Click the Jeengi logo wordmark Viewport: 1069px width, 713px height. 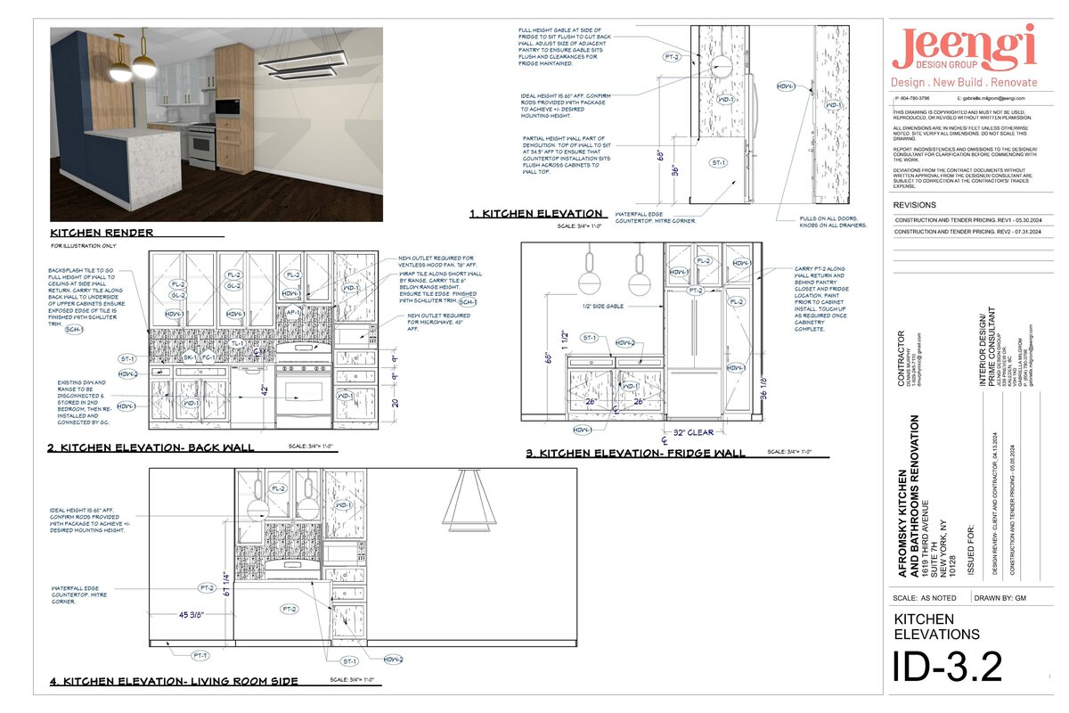[965, 48]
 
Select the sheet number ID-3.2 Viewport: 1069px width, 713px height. [947, 667]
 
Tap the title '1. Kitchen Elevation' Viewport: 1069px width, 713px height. [537, 214]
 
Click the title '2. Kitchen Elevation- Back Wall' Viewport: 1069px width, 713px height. [151, 447]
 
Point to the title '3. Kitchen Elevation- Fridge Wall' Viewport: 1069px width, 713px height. [635, 454]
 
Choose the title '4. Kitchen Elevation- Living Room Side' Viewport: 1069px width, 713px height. [174, 682]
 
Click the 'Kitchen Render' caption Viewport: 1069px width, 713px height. [102, 233]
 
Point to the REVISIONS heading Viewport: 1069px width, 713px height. [915, 205]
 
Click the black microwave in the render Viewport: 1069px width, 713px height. [226, 107]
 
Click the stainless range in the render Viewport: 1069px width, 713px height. [201, 147]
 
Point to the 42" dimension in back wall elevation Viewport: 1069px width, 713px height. [265, 389]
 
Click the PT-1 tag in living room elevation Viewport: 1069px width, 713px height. [200, 655]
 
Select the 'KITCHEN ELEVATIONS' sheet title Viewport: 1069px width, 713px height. [936, 627]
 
